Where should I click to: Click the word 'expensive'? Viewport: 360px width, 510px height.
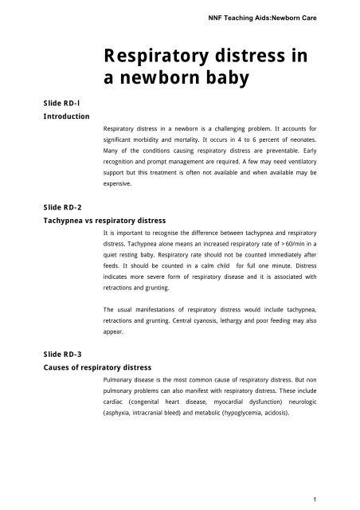pyautogui.click(x=122, y=182)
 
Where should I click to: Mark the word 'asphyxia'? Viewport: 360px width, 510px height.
pyautogui.click(x=123, y=414)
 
